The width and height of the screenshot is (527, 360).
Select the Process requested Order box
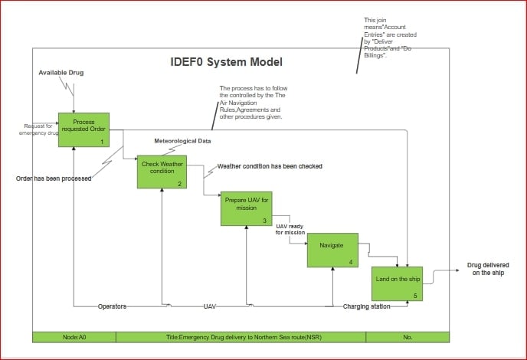coord(83,130)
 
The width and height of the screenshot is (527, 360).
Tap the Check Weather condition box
coord(162,172)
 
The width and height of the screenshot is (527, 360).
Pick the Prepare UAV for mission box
coord(246,208)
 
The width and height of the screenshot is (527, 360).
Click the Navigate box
coord(332,250)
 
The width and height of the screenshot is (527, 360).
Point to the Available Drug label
coord(61,73)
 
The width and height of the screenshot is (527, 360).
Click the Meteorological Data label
coord(182,142)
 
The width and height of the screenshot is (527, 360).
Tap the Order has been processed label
coord(54,178)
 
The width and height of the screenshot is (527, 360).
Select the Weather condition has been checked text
coord(270,166)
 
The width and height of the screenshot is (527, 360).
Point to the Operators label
coord(112,306)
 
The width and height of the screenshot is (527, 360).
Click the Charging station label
coord(366,306)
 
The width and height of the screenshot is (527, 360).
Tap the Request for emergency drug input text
coord(38,129)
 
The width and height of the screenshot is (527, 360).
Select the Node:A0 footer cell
coord(74,337)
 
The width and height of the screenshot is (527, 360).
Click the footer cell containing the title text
coord(241,337)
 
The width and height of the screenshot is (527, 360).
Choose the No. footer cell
coord(407,337)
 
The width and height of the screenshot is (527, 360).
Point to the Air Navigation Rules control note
coord(250,103)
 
